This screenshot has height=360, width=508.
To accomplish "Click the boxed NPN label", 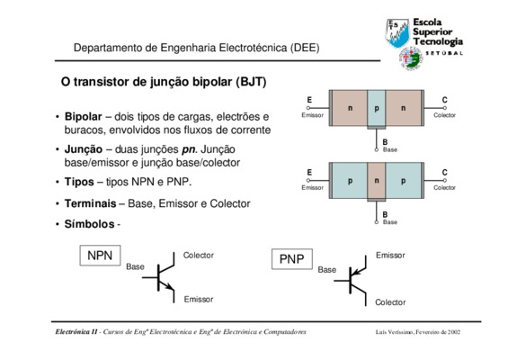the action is click(x=100, y=256).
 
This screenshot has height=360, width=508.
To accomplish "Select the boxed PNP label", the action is click(x=292, y=259).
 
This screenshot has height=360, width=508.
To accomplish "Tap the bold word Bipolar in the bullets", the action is click(x=84, y=117).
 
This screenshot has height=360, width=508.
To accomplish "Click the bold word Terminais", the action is click(x=91, y=203).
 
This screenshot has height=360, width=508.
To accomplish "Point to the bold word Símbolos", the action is click(x=89, y=224).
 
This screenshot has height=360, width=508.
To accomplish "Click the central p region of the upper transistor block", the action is click(x=376, y=108).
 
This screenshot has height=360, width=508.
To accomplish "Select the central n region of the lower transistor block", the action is click(x=376, y=181).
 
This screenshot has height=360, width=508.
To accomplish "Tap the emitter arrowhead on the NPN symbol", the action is click(x=169, y=286).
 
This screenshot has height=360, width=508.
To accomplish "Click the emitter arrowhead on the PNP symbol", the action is click(x=356, y=272).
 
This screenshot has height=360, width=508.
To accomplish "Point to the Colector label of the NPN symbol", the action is click(x=199, y=256).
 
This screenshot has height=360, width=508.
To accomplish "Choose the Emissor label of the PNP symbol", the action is click(x=390, y=256).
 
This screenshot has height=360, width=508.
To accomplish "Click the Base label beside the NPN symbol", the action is click(x=135, y=266).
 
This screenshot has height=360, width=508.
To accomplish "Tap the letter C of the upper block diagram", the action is click(x=444, y=100).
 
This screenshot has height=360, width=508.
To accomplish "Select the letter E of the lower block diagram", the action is click(x=309, y=172).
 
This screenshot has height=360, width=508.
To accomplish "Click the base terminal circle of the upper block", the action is click(x=377, y=149).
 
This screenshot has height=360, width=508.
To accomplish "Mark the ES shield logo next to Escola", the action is click(x=397, y=32).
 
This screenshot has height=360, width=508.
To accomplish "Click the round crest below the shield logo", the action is click(x=411, y=58).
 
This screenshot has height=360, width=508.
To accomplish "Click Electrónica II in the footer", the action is click(x=76, y=332).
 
